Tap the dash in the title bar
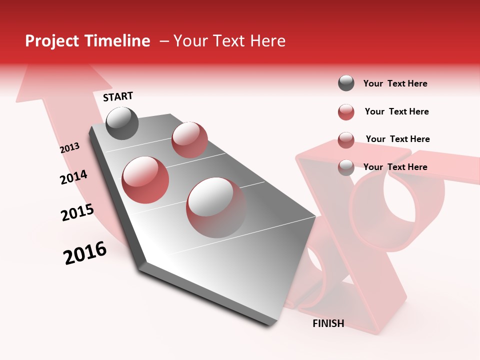click(163, 41)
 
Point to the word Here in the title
click(267, 41)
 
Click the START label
click(118, 96)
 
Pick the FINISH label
click(328, 323)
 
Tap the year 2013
click(69, 147)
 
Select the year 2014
click(73, 177)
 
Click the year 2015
click(77, 212)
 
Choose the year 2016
click(85, 252)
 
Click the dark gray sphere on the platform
click(122, 123)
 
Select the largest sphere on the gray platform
click(216, 207)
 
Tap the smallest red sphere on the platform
click(189, 139)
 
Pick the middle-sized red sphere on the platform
click(145, 179)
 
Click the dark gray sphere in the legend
click(346, 83)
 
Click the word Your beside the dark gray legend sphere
click(373, 83)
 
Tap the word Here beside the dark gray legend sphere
click(417, 83)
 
